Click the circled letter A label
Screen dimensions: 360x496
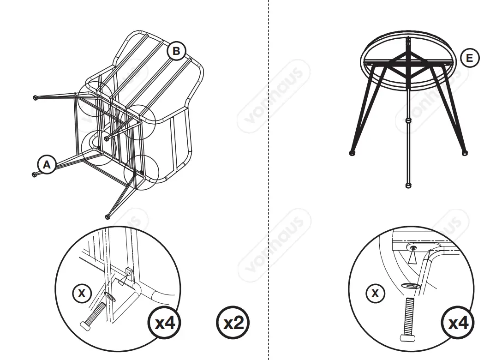pyautogui.click(x=47, y=164)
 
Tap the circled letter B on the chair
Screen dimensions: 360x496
pyautogui.click(x=176, y=51)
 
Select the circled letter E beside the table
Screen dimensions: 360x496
pyautogui.click(x=470, y=58)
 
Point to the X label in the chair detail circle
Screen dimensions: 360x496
pyautogui.click(x=82, y=293)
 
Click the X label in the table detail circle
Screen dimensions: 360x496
pyautogui.click(x=375, y=293)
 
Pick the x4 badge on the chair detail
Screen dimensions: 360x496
pyautogui.click(x=164, y=323)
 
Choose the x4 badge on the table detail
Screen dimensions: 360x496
pyautogui.click(x=458, y=323)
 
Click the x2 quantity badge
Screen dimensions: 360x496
pyautogui.click(x=233, y=323)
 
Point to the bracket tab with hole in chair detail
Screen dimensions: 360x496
pyautogui.click(x=130, y=275)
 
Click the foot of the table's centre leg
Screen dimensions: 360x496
pyautogui.click(x=407, y=186)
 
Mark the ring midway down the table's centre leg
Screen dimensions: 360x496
pyautogui.click(x=407, y=120)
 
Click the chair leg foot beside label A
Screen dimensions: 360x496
pyautogui.click(x=34, y=174)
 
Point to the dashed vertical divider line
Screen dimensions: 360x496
pyautogui.click(x=269, y=185)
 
